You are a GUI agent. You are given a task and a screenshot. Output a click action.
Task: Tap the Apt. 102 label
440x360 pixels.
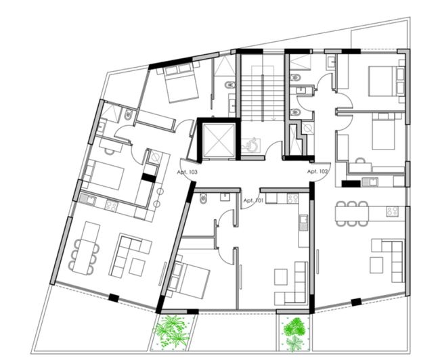pyautogui.click(x=317, y=172)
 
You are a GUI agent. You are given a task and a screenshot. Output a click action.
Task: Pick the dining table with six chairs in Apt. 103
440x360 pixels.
pyautogui.click(x=85, y=253)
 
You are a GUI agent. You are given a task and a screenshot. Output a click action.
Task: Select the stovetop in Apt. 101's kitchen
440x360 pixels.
pyautogui.click(x=293, y=198)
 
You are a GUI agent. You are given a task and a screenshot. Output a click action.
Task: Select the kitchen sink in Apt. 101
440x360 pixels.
pyautogui.click(x=304, y=219)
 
